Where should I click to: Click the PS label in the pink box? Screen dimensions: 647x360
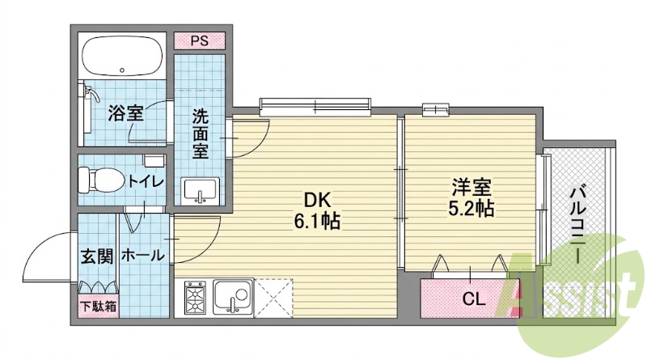(200, 41)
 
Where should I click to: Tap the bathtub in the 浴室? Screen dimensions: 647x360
(122, 56)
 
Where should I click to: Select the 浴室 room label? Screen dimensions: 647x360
(126, 113)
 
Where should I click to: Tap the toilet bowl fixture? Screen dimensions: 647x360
(102, 180)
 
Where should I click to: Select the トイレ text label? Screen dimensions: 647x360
(146, 181)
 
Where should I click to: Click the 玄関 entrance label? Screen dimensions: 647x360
(96, 256)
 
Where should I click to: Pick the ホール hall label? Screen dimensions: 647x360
(143, 255)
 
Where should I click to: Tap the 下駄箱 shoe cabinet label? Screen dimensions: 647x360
(98, 307)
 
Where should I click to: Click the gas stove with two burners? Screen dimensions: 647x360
(195, 298)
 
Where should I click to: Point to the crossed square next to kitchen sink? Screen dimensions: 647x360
(273, 298)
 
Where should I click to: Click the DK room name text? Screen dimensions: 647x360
(317, 201)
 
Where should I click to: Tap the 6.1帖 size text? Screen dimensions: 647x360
(317, 222)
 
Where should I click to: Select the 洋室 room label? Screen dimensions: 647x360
(472, 188)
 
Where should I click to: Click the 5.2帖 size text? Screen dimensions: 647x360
(472, 209)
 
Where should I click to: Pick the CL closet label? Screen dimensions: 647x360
(473, 299)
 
